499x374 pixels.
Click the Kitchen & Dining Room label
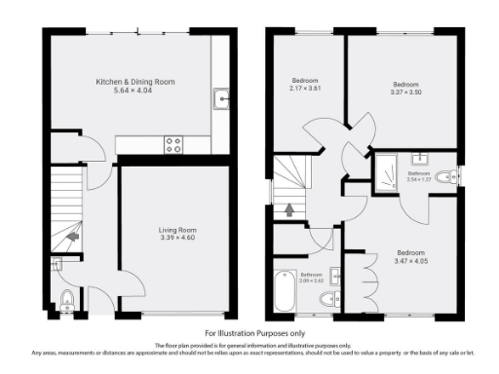click(134, 82)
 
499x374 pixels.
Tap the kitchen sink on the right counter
click(221, 96)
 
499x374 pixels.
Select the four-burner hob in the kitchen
click(174, 144)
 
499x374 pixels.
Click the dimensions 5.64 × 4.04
click(134, 92)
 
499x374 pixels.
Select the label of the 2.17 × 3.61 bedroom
click(306, 80)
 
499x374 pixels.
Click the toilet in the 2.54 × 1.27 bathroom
click(447, 176)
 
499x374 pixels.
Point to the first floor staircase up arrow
click(288, 207)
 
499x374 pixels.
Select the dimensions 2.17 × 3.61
click(306, 89)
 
